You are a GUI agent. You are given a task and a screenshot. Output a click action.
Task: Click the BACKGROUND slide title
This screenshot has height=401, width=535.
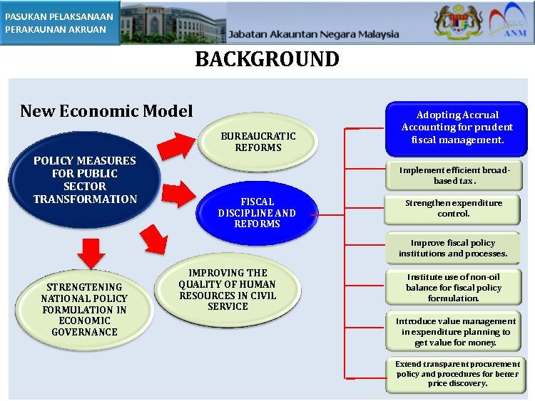coord(267,59)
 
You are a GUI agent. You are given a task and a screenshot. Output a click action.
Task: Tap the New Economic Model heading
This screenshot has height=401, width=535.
coord(106,110)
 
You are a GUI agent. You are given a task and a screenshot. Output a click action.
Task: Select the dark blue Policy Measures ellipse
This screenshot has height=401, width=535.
coord(85,179)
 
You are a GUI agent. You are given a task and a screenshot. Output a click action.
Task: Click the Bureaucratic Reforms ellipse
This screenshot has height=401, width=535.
coord(258,142)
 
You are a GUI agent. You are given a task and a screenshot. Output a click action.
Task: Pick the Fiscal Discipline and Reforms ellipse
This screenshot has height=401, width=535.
coord(258,213)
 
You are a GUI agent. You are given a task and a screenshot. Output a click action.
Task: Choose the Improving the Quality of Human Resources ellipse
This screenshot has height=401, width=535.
coord(228,290)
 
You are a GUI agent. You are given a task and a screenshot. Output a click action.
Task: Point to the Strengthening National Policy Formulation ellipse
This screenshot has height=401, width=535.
coord(84,309)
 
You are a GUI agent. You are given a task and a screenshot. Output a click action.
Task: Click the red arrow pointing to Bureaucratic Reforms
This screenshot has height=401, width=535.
coord(177,146)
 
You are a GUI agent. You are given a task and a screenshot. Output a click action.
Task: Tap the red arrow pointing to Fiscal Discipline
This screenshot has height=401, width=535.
coord(178,194)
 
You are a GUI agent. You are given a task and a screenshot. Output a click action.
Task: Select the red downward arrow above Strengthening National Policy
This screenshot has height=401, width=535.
coord(91,254)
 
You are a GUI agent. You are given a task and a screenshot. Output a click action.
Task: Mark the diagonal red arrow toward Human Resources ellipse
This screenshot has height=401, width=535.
coord(154,239)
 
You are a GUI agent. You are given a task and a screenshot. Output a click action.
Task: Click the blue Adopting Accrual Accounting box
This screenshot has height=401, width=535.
coord(457,129)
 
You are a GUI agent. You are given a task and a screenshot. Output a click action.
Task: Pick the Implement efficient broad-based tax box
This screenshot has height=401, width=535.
coord(454,175)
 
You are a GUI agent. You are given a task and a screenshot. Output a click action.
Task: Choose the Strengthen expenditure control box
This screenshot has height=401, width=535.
coord(452,209)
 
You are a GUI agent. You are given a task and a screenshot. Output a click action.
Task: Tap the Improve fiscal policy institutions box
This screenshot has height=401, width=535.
coord(453,248)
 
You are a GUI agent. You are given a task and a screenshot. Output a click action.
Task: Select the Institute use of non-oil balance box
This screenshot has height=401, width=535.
coord(454,287)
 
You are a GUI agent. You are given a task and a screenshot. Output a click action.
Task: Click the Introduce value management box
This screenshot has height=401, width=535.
coord(454,331)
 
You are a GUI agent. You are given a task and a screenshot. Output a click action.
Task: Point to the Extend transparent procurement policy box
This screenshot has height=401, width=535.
coord(457,375)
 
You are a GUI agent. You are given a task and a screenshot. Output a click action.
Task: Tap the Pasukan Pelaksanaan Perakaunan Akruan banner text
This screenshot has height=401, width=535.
coord(59,23)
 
